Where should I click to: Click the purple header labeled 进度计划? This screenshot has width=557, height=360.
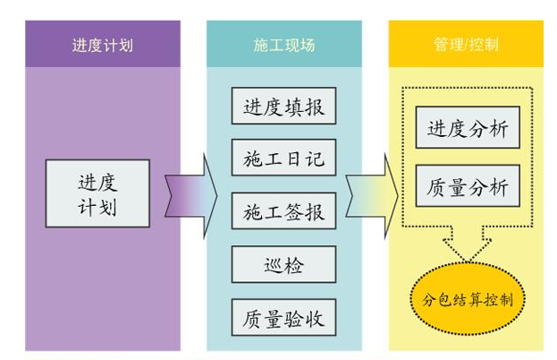click(x=103, y=44)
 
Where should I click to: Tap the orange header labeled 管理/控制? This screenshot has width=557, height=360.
click(x=465, y=44)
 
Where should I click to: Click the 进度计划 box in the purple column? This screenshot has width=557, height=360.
click(x=97, y=193)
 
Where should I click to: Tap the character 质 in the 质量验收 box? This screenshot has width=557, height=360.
click(x=251, y=317)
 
